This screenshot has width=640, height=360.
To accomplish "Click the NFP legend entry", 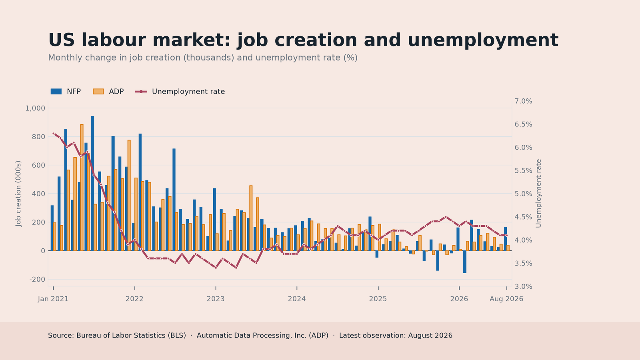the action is [x=66, y=92].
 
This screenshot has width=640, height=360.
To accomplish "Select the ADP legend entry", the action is [x=108, y=92].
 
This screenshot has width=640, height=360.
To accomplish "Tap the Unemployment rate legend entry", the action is [x=180, y=92].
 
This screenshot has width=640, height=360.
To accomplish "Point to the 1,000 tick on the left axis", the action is [x=35, y=108].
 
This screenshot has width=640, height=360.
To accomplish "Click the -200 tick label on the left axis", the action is [x=37, y=280].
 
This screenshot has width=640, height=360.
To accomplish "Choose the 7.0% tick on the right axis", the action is [x=524, y=101].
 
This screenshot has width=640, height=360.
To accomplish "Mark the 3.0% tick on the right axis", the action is [x=524, y=286].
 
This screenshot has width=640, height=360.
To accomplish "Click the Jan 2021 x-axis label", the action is [x=53, y=299].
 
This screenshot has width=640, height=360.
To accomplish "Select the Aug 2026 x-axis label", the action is [x=506, y=299].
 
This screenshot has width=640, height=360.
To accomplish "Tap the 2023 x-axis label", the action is [x=216, y=299].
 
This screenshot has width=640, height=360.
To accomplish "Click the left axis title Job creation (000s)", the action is [x=18, y=194].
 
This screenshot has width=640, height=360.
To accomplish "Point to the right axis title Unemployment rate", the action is [x=538, y=194].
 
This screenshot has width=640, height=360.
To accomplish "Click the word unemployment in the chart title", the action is [x=461, y=40].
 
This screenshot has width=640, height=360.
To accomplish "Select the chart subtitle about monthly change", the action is [x=203, y=58].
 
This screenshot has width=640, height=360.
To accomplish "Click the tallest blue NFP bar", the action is [x=92, y=184].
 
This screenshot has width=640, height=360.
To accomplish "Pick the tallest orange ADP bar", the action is [x=82, y=188].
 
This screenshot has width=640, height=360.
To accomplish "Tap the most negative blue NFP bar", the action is [x=465, y=262].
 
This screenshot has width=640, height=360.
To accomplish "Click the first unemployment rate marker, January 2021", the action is [x=54, y=134].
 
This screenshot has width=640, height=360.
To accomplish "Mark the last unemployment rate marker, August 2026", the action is [x=506, y=236].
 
